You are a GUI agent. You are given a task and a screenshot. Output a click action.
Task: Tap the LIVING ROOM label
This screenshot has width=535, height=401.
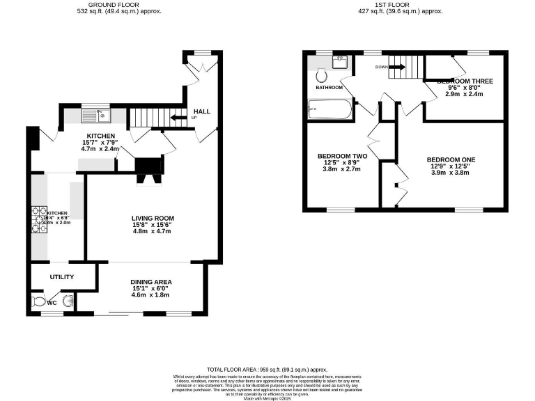tap(153, 219)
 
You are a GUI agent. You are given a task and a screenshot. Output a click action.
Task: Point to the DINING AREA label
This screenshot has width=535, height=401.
tap(151, 281)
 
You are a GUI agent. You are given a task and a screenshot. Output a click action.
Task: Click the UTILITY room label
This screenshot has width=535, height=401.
tap(62, 277)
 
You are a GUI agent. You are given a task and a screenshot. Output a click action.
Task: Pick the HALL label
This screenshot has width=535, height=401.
tap(201, 111)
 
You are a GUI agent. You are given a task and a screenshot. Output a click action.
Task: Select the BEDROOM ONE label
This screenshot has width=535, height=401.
tap(451, 159)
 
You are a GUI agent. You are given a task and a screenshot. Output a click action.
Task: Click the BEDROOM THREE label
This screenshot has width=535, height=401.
tap(464, 81)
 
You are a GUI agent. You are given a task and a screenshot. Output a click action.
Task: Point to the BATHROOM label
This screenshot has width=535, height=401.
tap(329, 88)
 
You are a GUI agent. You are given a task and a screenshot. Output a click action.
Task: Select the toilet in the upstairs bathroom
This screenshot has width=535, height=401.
tap(322, 74)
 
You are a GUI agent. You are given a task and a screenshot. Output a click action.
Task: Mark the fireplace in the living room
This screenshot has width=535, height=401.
tap(148, 171)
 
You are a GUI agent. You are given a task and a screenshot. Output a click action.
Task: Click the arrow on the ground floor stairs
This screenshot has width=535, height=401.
tap(180, 118)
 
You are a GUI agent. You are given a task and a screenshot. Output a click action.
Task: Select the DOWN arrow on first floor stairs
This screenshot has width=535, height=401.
tap(396, 67)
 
